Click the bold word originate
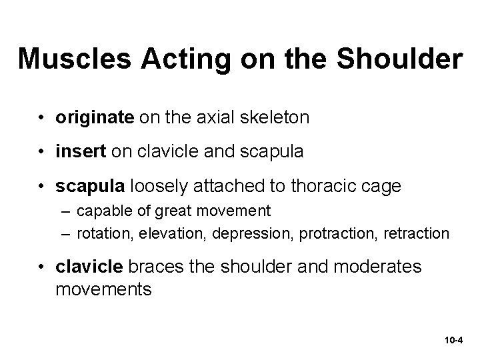[95, 118]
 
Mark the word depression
[260, 234]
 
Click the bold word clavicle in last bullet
[90, 267]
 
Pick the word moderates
[379, 267]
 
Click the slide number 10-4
[453, 340]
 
